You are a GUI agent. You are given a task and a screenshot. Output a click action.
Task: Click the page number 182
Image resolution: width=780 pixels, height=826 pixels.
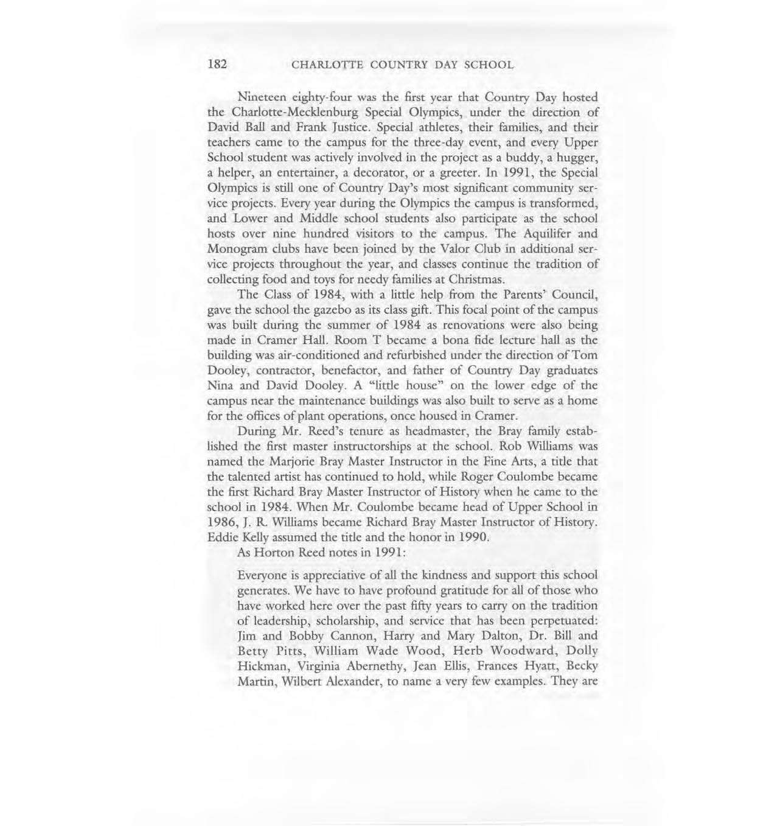click(217, 64)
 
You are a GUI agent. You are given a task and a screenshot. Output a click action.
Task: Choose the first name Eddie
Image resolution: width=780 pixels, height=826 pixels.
click(221, 537)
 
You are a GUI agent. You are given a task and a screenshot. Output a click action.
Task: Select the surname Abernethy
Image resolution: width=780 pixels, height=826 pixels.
click(341, 667)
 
